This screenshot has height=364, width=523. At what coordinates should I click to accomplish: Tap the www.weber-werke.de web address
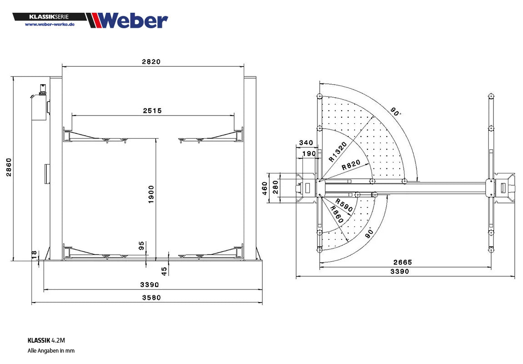coord(50,25)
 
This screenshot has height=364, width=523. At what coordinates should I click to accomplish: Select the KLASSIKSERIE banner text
coord(49,17)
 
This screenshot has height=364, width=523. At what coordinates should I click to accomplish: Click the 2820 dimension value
coord(151,62)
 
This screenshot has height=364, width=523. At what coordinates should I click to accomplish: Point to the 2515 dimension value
coord(152,111)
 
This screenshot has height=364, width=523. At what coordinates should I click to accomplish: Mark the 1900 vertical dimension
coord(151,194)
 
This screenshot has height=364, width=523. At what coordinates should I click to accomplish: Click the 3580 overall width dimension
coord(151,297)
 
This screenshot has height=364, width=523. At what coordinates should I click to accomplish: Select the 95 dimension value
coord(141,246)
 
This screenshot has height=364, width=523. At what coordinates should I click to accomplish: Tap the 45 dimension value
coord(164,271)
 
